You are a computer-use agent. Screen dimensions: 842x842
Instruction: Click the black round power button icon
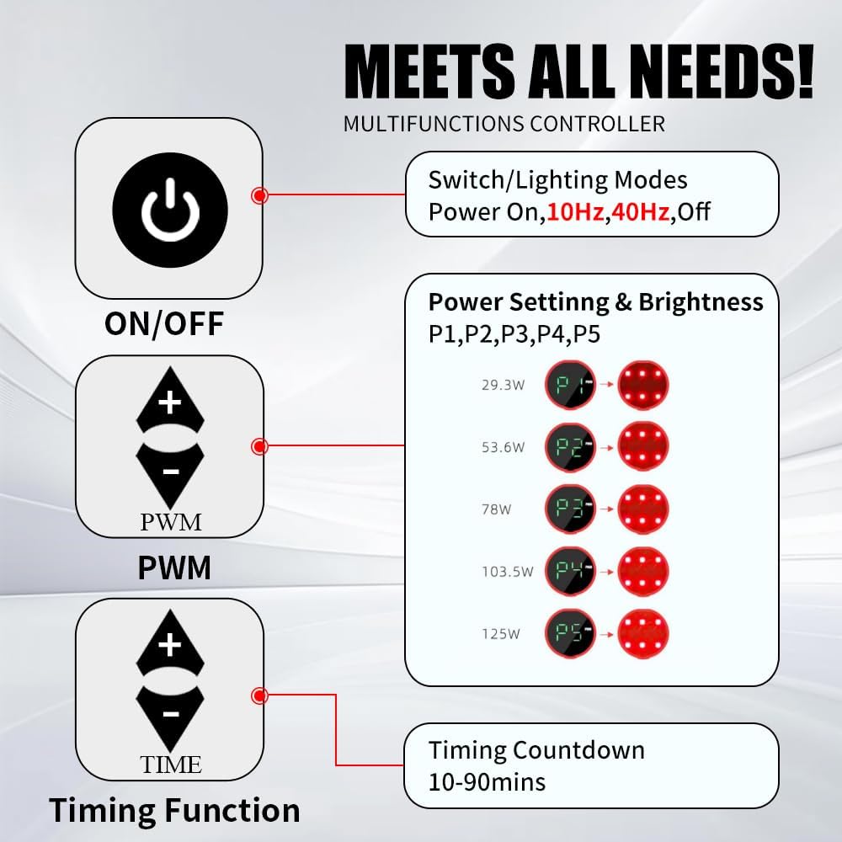[x=170, y=210]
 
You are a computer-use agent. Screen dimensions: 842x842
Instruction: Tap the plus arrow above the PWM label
[x=170, y=400]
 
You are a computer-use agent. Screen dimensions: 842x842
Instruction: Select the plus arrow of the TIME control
[x=170, y=642]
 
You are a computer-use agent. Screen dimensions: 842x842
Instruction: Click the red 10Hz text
[x=576, y=212]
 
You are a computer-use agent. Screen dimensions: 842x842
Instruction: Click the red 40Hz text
[x=640, y=212]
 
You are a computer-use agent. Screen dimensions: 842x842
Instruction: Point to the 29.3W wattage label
[x=503, y=385]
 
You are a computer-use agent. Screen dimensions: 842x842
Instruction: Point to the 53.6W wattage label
[x=503, y=447]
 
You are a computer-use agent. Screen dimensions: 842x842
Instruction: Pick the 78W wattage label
[x=496, y=509]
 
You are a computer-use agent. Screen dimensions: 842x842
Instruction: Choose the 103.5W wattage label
[x=508, y=572]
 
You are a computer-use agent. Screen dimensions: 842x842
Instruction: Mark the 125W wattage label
[x=500, y=634]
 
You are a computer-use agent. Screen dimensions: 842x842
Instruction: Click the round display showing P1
[x=570, y=385]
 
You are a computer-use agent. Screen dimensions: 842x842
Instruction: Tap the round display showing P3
[x=570, y=509]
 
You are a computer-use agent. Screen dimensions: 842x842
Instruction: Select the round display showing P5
[x=570, y=634]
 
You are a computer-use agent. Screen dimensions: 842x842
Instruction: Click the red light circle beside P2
[x=643, y=447]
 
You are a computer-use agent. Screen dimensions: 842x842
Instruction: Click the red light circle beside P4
[x=643, y=572]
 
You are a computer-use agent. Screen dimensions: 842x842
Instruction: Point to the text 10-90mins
[x=487, y=782]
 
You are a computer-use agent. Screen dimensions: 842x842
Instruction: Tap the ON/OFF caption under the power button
[x=164, y=324]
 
